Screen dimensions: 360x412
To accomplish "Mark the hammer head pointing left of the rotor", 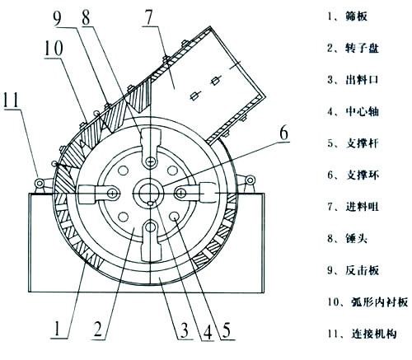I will click(x=97, y=194).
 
